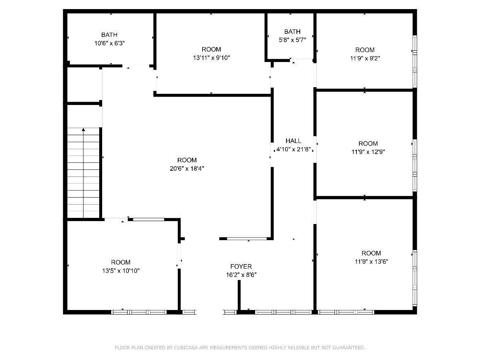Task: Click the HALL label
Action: pyautogui.click(x=293, y=141)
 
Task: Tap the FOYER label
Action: pyautogui.click(x=241, y=267)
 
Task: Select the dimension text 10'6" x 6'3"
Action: pyautogui.click(x=110, y=43)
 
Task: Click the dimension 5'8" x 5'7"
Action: pyautogui.click(x=292, y=40)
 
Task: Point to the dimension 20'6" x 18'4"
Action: pyautogui.click(x=187, y=168)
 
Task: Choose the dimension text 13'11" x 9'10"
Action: pyautogui.click(x=212, y=57)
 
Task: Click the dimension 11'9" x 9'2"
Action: pyautogui.click(x=365, y=58)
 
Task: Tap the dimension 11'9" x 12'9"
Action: pyautogui.click(x=368, y=152)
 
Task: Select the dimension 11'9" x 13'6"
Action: pyautogui.click(x=371, y=262)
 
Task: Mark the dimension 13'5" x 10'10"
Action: pyautogui.click(x=121, y=271)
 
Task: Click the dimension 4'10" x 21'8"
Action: pyautogui.click(x=294, y=149)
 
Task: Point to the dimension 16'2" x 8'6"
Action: pyautogui.click(x=241, y=275)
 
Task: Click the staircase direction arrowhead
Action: pyautogui.click(x=83, y=130)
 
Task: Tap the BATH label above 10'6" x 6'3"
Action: pyautogui.click(x=109, y=35)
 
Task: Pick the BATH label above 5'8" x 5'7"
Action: pyautogui.click(x=292, y=31)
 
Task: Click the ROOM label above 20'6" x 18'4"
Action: pyautogui.click(x=187, y=160)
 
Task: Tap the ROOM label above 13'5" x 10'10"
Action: pyautogui.click(x=121, y=262)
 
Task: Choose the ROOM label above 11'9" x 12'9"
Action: pyautogui.click(x=368, y=143)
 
